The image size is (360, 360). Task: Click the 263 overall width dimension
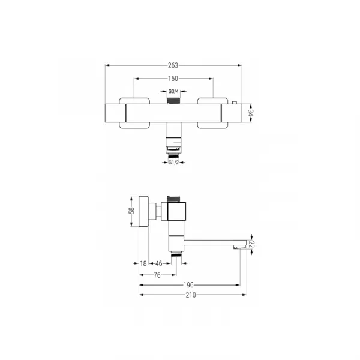173,65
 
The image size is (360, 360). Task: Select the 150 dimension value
173,79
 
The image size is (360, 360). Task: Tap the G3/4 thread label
173,91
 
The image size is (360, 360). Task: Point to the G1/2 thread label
173,163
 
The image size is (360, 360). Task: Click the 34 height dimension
250,113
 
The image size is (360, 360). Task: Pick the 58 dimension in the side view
131,211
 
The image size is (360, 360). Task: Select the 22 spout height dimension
251,245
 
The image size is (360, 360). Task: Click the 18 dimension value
143,263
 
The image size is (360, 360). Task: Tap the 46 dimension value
158,263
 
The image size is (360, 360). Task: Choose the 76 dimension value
157,275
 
